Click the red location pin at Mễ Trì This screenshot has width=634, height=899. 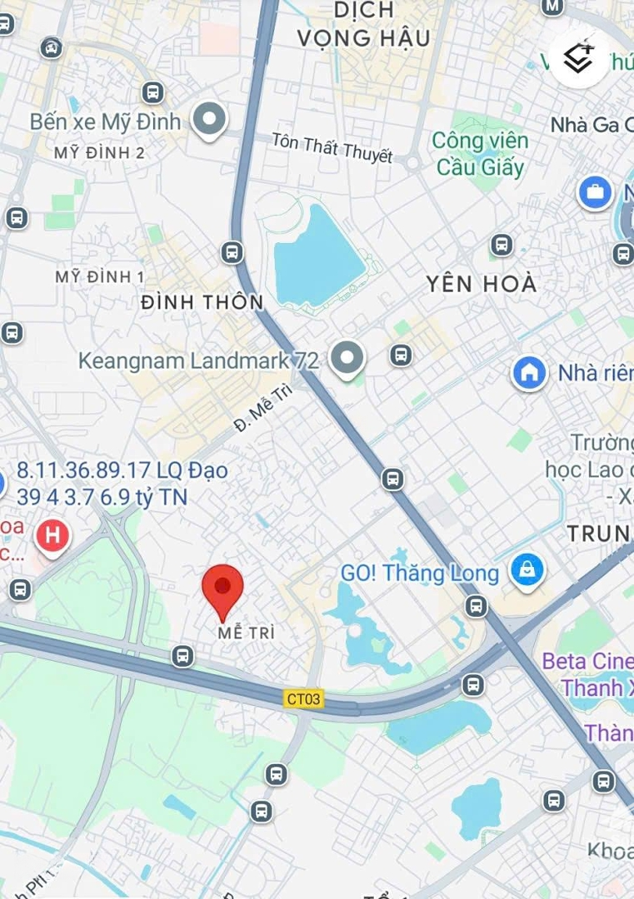[222, 589]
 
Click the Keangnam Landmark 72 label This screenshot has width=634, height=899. [198, 360]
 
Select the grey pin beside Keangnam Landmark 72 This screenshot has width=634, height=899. [347, 358]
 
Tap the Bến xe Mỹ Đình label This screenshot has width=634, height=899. [105, 122]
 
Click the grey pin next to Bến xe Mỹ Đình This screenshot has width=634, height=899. [209, 120]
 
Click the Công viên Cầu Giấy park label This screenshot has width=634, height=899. [480, 154]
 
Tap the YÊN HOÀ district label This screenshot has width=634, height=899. [482, 284]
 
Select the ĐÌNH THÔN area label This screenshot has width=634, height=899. [202, 302]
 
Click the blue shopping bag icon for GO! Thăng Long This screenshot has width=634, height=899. [527, 571]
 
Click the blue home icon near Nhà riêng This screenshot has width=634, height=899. [529, 372]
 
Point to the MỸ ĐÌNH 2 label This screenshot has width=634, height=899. [99, 153]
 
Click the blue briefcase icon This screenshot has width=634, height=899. [595, 193]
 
